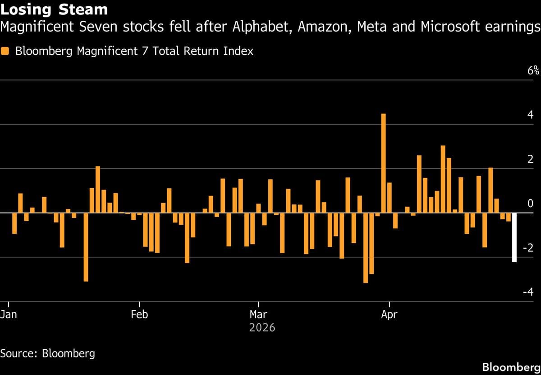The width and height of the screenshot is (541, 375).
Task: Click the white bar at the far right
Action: coord(514,237)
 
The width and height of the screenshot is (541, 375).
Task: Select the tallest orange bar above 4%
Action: coord(383,163)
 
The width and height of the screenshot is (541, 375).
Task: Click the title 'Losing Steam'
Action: coord(54,9)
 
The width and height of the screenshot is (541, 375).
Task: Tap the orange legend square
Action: coord(5,51)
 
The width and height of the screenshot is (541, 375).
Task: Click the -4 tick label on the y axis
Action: coord(528,292)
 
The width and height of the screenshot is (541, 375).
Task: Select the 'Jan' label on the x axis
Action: coord(9,314)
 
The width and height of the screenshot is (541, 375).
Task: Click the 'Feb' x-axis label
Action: coord(139,314)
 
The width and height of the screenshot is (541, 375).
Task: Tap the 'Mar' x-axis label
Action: coord(258,314)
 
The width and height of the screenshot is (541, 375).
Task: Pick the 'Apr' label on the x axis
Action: coord(389,314)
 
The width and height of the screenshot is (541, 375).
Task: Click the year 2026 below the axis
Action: coord(262,327)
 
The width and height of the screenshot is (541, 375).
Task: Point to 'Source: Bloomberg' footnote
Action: coord(48,352)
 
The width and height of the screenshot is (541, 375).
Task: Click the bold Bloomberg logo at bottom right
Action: coord(510,366)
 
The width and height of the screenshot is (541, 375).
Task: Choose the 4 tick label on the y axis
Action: coord(530,115)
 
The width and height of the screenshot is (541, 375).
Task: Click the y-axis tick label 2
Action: coord(530,159)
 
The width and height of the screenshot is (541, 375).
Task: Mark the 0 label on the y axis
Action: coord(530,204)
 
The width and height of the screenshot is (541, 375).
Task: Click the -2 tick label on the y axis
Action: coord(528,248)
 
